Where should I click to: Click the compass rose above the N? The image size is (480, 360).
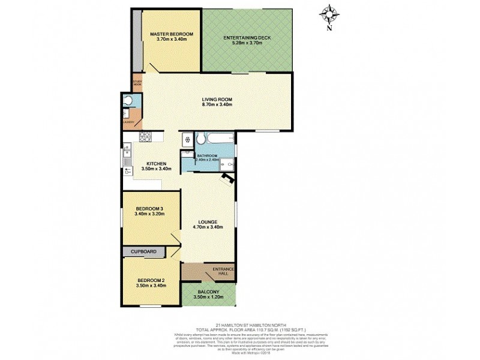pos(329,13)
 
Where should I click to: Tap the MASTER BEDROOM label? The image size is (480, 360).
pos(171,34)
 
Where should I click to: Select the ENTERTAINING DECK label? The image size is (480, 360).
pos(247,38)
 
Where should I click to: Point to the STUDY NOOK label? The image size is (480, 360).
pos(137,83)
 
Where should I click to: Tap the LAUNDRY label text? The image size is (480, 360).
pos(128,122)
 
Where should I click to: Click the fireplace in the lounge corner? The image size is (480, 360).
pos(227,178)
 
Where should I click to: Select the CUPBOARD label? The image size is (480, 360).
pos(143,251)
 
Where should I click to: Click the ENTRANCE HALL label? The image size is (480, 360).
pos(223,272)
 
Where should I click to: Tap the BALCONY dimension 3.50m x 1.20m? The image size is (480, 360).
pos(208,297)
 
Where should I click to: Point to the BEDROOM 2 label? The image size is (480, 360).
pos(151,280)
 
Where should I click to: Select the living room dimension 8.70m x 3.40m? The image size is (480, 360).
pos(217,104)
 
